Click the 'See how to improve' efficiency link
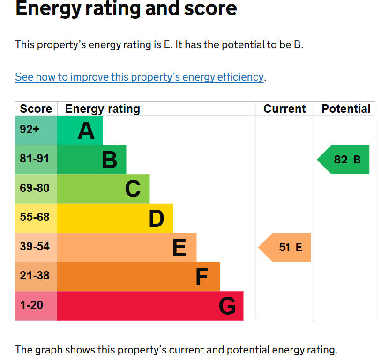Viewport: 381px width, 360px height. (x=140, y=77)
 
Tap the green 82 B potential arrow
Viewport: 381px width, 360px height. (x=344, y=160)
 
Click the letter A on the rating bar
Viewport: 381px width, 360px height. (x=86, y=131)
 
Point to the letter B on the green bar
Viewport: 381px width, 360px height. (x=109, y=160)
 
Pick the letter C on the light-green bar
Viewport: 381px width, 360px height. (x=133, y=189)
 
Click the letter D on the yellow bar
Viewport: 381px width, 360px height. (x=156, y=218)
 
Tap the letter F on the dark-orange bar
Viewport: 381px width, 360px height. (x=201, y=277)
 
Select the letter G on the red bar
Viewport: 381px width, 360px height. (x=227, y=306)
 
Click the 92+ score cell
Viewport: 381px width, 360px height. (x=30, y=130)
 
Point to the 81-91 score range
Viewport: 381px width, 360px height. (x=34, y=159)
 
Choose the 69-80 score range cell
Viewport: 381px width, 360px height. (x=34, y=188)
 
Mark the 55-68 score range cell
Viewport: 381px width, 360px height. (x=34, y=217)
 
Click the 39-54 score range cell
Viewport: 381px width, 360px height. (x=34, y=246)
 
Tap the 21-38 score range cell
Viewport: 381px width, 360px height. (x=34, y=276)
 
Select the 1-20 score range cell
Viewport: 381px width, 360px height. (x=31, y=305)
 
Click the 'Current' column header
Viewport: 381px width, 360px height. (x=284, y=109)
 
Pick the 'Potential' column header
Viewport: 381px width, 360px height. (x=346, y=109)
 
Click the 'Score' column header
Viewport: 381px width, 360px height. (x=36, y=109)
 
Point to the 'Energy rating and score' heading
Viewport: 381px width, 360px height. (x=126, y=9)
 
